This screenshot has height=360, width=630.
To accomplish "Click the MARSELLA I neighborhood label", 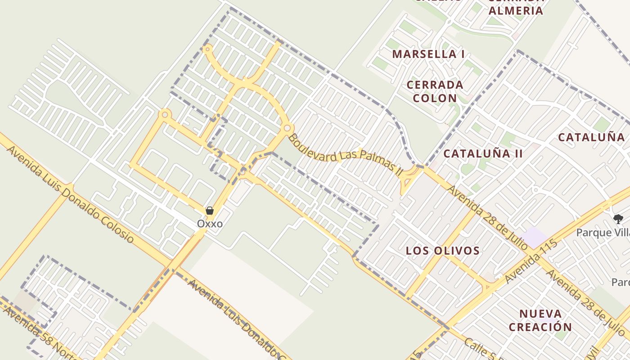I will click(428, 54).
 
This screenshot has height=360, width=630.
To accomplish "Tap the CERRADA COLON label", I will click(435, 91).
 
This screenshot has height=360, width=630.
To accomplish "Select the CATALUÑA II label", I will click(483, 154).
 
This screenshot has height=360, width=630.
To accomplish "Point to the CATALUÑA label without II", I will click(591, 138).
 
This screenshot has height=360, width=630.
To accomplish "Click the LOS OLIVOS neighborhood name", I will click(443, 251).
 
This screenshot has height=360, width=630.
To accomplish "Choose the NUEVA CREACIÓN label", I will click(540, 320).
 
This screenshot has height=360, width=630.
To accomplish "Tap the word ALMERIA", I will click(516, 11).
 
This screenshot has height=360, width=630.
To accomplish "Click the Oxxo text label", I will click(210, 224).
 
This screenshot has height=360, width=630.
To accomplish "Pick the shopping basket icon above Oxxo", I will click(210, 211).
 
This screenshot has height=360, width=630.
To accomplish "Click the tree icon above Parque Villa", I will click(618, 219).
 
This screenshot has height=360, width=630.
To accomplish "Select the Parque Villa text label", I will click(603, 233).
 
